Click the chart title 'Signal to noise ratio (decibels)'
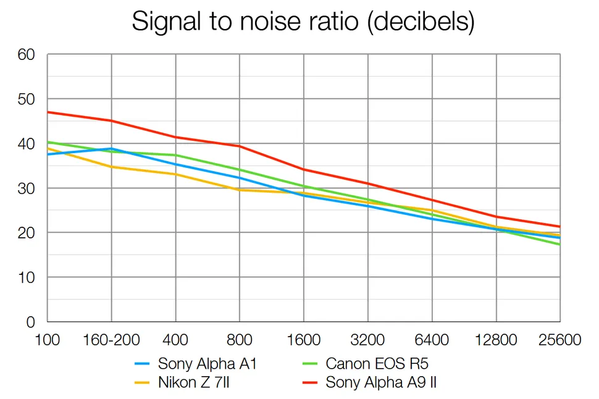[303, 22]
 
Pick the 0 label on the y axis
[30, 322]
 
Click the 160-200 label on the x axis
[111, 341]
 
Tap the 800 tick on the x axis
[240, 341]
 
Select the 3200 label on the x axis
[367, 341]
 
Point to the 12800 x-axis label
[496, 341]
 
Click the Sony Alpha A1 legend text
[207, 364]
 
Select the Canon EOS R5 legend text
[377, 364]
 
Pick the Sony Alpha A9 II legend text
[382, 382]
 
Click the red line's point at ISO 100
[48, 112]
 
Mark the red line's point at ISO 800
[240, 146]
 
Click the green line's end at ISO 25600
[559, 245]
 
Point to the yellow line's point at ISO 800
[240, 190]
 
